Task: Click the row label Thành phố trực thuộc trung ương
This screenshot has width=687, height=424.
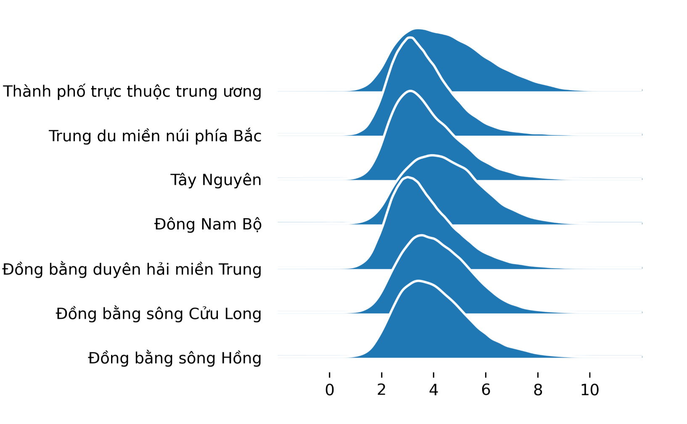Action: [132, 91]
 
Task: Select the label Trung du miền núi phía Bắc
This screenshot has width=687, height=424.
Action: [155, 136]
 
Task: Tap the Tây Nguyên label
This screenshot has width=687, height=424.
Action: [216, 180]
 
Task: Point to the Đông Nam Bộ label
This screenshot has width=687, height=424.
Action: [208, 224]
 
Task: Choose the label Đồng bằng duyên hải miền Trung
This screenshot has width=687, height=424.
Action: [132, 269]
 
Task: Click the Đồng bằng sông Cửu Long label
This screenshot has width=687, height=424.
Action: [159, 313]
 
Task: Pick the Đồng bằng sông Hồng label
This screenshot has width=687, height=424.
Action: [175, 358]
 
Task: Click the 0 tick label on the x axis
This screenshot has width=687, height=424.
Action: [329, 390]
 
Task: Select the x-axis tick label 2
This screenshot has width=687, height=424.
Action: [382, 390]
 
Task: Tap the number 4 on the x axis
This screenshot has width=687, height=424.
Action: [433, 390]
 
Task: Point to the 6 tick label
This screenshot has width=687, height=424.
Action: [485, 390]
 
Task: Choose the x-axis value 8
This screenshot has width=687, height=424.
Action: [538, 390]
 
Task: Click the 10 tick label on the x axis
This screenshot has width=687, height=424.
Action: [589, 390]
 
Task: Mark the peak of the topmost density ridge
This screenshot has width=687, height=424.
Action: [418, 29]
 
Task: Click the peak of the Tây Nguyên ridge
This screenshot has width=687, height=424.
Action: [410, 91]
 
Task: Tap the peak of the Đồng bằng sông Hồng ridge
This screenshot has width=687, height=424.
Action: [418, 280]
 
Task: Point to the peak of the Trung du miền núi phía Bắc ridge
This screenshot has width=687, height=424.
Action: [410, 37]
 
